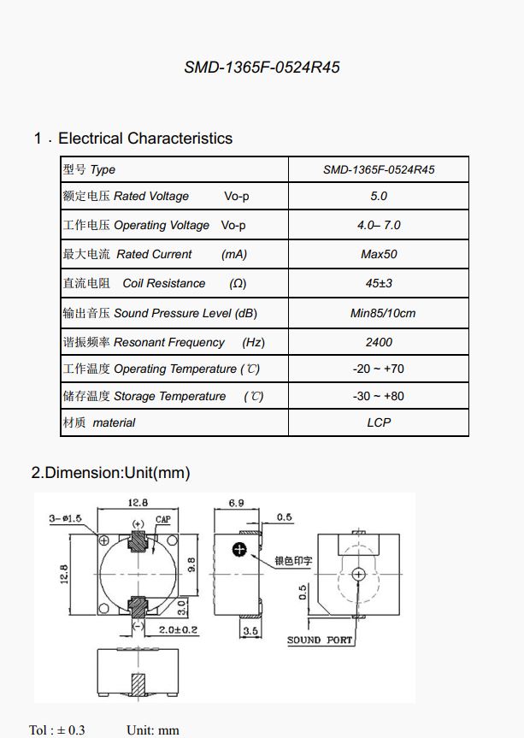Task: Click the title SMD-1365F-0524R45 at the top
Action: click(x=262, y=67)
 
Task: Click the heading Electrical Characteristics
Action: click(x=144, y=139)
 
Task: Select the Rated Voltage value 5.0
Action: click(x=379, y=196)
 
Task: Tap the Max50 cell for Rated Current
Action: click(x=379, y=254)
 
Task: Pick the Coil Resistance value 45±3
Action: click(x=379, y=283)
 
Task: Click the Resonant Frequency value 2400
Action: click(x=379, y=342)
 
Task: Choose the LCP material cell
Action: click(x=379, y=422)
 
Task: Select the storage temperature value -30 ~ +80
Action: click(x=379, y=396)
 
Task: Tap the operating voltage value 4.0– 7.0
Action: click(x=379, y=225)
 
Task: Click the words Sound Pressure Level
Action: click(x=172, y=313)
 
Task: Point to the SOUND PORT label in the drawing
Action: click(x=319, y=640)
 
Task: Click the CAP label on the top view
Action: click(x=162, y=520)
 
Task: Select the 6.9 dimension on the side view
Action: click(x=237, y=504)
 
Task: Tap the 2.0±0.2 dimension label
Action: click(x=178, y=629)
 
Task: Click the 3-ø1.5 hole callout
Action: click(x=65, y=518)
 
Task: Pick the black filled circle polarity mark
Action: click(x=240, y=549)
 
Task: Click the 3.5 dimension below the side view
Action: click(x=250, y=631)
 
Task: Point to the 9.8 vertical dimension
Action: click(x=191, y=564)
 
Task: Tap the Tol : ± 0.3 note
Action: click(x=57, y=729)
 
